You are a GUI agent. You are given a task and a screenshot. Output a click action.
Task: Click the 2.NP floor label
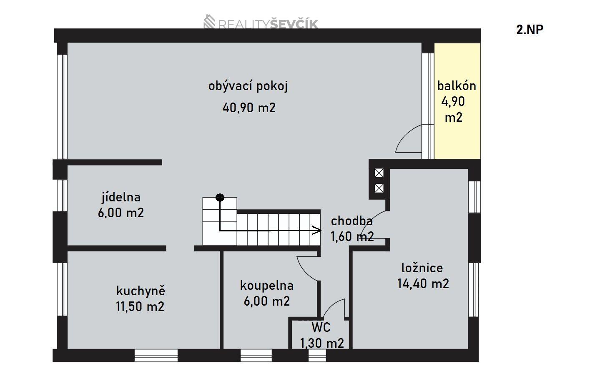(530, 30)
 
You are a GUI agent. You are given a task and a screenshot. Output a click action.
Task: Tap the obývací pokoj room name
(248, 86)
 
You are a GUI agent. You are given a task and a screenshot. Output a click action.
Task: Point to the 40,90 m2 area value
(249, 108)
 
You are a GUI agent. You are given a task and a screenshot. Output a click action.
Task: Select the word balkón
(457, 86)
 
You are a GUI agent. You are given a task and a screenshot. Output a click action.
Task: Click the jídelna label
(121, 197)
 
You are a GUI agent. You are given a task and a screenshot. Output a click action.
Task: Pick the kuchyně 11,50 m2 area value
(140, 306)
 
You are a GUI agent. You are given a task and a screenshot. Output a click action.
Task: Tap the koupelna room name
(267, 286)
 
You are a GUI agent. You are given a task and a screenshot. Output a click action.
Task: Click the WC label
(321, 327)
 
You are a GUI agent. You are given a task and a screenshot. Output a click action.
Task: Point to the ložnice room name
(422, 268)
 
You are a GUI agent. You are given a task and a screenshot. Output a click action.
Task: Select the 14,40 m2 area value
(423, 284)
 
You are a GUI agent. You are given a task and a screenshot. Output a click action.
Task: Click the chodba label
(351, 221)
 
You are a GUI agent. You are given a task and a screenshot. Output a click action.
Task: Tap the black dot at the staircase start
(220, 198)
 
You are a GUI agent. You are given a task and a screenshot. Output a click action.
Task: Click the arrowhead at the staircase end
(317, 230)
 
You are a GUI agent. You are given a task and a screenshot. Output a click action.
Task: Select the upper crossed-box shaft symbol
(379, 173)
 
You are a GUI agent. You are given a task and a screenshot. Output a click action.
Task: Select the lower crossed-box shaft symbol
(379, 188)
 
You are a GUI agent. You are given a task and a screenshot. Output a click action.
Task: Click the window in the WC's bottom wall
(317, 355)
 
